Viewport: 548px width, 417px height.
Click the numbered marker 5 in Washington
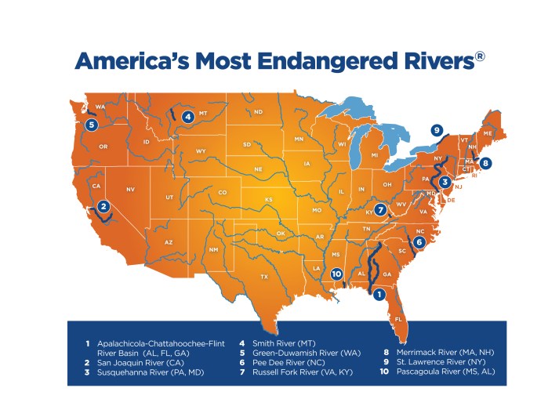[x=92, y=124]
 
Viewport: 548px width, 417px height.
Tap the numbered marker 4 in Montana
[x=187, y=117]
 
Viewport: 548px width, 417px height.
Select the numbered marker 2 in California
[x=103, y=207]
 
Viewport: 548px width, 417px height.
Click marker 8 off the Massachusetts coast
[x=486, y=163]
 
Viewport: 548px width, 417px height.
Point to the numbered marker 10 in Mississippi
[x=336, y=274]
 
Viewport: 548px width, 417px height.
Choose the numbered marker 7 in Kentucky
[x=380, y=210]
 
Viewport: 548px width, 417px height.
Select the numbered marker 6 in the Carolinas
[x=419, y=242]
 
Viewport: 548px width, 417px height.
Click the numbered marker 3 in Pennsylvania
[x=445, y=182]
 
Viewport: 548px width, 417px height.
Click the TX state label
[x=264, y=277]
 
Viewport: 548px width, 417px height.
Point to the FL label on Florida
[x=398, y=319]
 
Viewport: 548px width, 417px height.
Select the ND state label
[x=258, y=113]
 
